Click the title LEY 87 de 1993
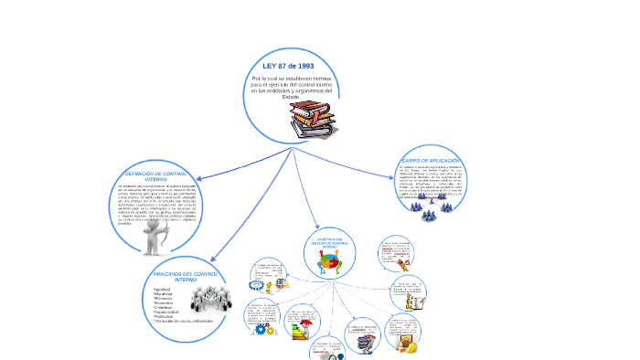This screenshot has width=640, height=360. [x=288, y=67]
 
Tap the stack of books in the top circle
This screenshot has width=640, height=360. [x=313, y=120]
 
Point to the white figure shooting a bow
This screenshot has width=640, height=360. [x=157, y=236]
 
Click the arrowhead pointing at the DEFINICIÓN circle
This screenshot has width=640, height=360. [x=197, y=178]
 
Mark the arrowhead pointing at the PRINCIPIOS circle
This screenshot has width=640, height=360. [x=211, y=260]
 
